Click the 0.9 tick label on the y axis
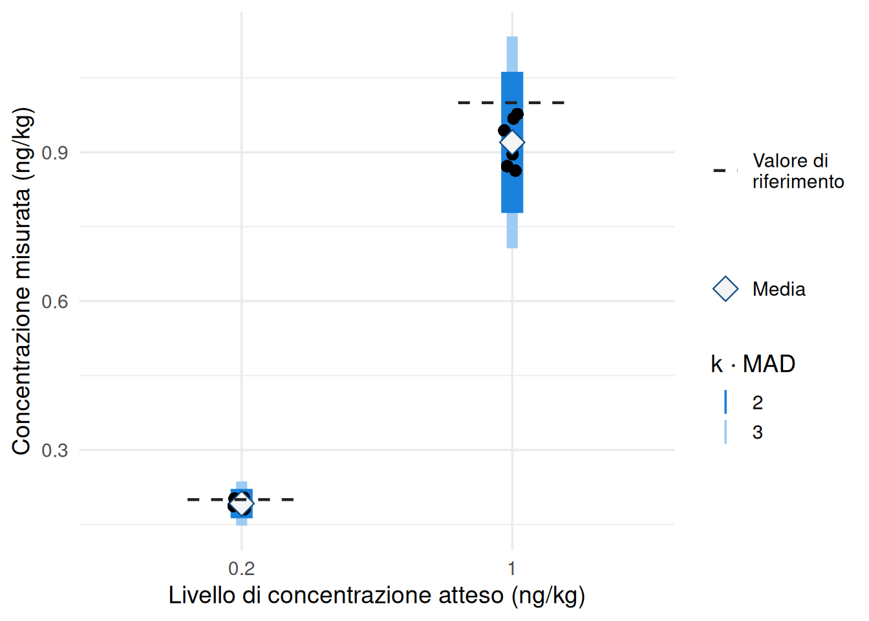pyautogui.click(x=54, y=153)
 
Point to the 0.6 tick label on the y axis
pyautogui.click(x=54, y=301)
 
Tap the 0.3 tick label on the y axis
pyautogui.click(x=54, y=450)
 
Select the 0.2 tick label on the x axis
pyautogui.click(x=241, y=569)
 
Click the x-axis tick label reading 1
pyautogui.click(x=511, y=569)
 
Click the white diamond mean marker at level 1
pyautogui.click(x=512, y=142)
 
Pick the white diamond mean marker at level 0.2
pyautogui.click(x=242, y=503)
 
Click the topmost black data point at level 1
pyautogui.click(x=517, y=114)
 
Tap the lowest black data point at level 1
pyautogui.click(x=515, y=171)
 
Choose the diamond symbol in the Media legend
pyautogui.click(x=725, y=289)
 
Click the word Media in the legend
pyautogui.click(x=778, y=289)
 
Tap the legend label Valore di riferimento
pyautogui.click(x=798, y=171)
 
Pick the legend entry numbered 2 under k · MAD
pyautogui.click(x=757, y=402)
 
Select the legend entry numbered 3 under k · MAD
pyautogui.click(x=757, y=432)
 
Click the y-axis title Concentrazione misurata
pyautogui.click(x=21, y=281)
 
